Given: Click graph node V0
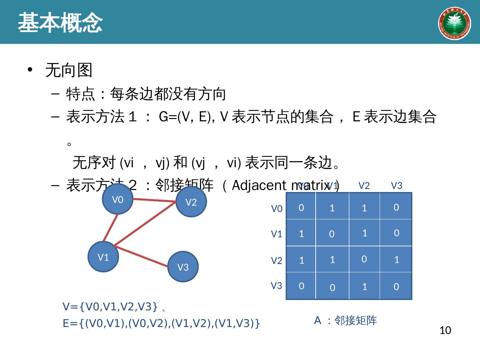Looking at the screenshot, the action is (x=118, y=199).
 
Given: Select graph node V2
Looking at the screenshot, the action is (x=191, y=202).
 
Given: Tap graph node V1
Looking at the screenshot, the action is (x=103, y=257).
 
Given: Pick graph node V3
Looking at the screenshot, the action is (x=183, y=267).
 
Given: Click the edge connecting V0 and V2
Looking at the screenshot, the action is (x=154, y=200).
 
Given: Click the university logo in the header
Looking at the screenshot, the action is (x=454, y=23).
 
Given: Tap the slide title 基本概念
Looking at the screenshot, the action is (x=60, y=23).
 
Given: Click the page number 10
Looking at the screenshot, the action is (x=445, y=330).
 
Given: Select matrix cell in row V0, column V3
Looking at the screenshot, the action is (x=396, y=207).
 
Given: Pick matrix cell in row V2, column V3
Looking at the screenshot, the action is (x=396, y=259).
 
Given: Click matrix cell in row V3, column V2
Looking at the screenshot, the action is (x=364, y=286).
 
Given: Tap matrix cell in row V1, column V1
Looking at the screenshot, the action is (x=332, y=233).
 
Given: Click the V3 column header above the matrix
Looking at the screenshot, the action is (x=396, y=186).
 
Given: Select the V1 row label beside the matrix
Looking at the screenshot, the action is (x=277, y=234).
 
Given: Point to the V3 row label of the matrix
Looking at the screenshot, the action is (x=276, y=286).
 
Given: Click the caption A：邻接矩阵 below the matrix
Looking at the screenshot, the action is (x=346, y=320).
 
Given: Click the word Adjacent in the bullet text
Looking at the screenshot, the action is (x=259, y=185).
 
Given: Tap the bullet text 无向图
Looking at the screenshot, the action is (x=69, y=70).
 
